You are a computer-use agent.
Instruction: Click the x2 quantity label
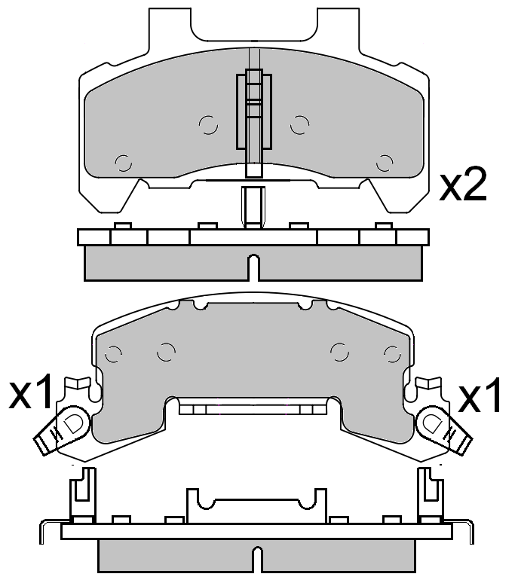(x=463, y=186)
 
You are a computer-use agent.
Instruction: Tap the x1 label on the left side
(x=31, y=395)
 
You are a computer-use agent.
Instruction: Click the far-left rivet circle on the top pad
(x=123, y=162)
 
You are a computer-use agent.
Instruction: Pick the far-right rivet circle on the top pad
(x=385, y=162)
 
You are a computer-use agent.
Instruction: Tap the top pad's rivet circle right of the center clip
(x=300, y=125)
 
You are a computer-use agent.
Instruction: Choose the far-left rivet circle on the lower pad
(x=114, y=353)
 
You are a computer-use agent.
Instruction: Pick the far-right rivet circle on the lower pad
(x=391, y=353)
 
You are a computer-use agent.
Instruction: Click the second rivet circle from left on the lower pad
(x=167, y=350)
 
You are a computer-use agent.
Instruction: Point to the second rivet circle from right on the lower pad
(x=339, y=350)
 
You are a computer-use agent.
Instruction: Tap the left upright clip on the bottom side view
(x=82, y=494)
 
